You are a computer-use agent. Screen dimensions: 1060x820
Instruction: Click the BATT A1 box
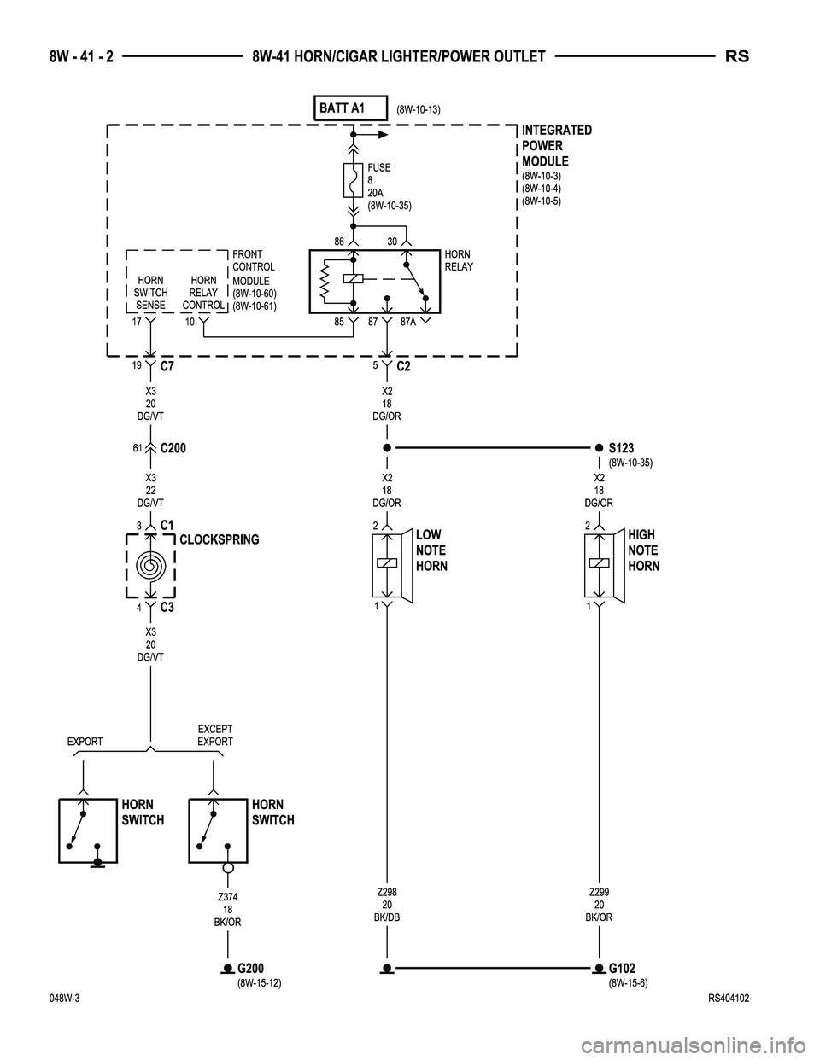[351, 108]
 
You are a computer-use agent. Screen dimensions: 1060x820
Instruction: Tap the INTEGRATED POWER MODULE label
[556, 146]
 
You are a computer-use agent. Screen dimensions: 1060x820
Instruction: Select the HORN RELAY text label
[459, 260]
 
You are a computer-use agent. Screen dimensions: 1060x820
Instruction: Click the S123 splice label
[621, 447]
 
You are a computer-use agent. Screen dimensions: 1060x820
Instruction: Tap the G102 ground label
[622, 969]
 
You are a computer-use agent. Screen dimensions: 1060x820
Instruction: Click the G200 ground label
[250, 969]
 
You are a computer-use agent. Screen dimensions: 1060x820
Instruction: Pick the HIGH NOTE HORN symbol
[601, 564]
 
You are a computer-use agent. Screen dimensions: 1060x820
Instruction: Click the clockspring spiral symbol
[150, 566]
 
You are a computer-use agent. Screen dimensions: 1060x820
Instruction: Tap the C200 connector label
[173, 447]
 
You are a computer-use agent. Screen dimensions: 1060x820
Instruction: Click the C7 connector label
[167, 367]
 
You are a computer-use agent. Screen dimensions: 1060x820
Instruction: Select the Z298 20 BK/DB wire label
[387, 905]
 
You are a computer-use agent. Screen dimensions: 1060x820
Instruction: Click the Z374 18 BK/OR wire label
[227, 910]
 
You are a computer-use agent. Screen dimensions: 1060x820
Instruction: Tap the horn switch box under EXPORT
[88, 830]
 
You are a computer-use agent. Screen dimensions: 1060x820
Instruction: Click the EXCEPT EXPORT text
[215, 736]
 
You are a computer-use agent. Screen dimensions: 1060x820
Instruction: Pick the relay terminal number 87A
[409, 323]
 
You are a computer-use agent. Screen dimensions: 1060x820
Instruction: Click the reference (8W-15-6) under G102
[628, 983]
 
